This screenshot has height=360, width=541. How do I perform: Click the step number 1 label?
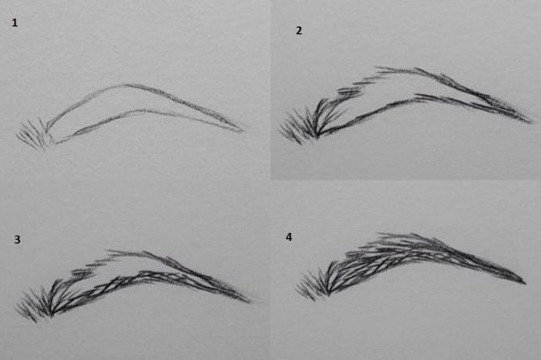pyautogui.click(x=14, y=23)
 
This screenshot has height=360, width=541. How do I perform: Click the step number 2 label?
pyautogui.click(x=298, y=31)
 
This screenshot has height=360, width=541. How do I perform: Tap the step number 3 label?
pyautogui.click(x=17, y=239)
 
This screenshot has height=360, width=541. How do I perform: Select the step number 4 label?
pyautogui.click(x=289, y=236)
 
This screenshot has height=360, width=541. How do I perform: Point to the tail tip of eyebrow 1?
pyautogui.click(x=243, y=131)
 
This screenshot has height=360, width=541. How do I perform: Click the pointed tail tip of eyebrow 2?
pyautogui.click(x=532, y=122)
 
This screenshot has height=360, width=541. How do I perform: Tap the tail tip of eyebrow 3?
pyautogui.click(x=252, y=302)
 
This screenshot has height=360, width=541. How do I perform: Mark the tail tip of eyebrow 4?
pyautogui.click(x=526, y=283)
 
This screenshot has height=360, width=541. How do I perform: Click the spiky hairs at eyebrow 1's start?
pyautogui.click(x=32, y=134)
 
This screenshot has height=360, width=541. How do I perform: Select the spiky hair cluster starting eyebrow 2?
pyautogui.click(x=298, y=125)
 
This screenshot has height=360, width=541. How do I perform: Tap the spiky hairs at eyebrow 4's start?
pyautogui.click(x=312, y=283)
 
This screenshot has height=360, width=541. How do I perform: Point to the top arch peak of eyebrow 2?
pyautogui.click(x=383, y=68)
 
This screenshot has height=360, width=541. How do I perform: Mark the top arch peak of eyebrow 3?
pyautogui.click(x=114, y=251)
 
